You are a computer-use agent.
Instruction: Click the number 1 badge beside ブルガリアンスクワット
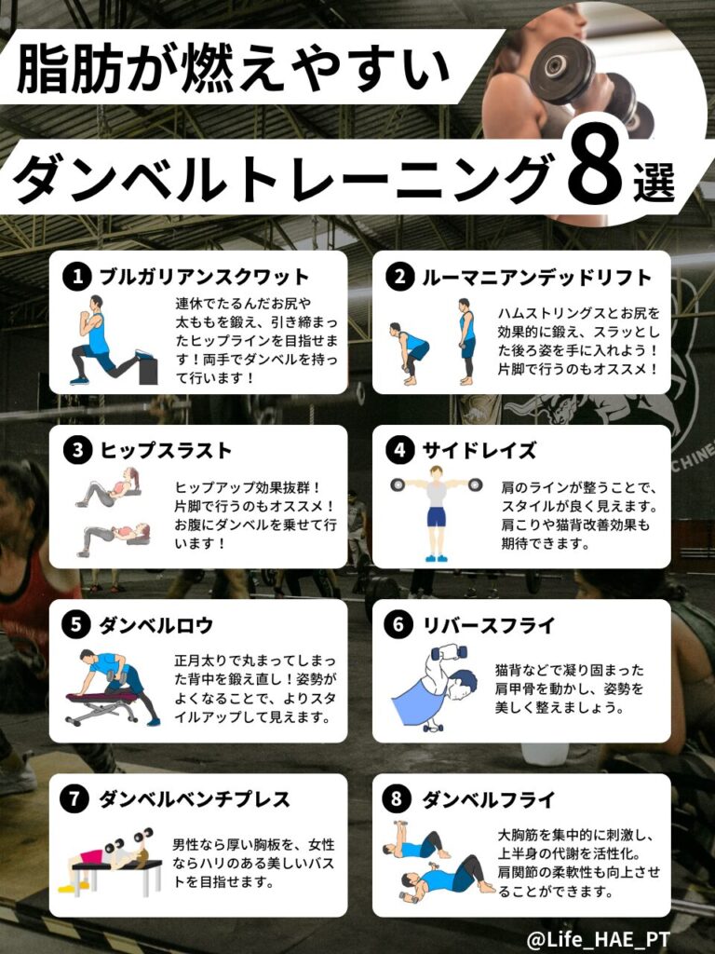(x=77, y=277)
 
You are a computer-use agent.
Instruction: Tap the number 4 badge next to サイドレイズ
(x=400, y=450)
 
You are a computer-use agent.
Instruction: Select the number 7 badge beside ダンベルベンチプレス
(x=74, y=798)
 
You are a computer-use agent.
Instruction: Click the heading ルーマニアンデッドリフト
(x=537, y=278)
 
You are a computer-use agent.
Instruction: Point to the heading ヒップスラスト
(x=166, y=451)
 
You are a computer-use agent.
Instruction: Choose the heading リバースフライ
(x=489, y=625)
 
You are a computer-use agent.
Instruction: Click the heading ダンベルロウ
(x=156, y=625)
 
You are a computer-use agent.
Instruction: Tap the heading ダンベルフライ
(x=489, y=798)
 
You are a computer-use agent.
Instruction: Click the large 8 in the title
(x=594, y=166)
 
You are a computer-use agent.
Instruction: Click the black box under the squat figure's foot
(x=148, y=370)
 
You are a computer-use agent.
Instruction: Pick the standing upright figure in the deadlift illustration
(x=466, y=341)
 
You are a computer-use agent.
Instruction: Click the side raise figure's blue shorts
(x=436, y=516)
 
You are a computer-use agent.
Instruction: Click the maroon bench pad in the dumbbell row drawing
(x=101, y=697)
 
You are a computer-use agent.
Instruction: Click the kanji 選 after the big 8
(x=654, y=182)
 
